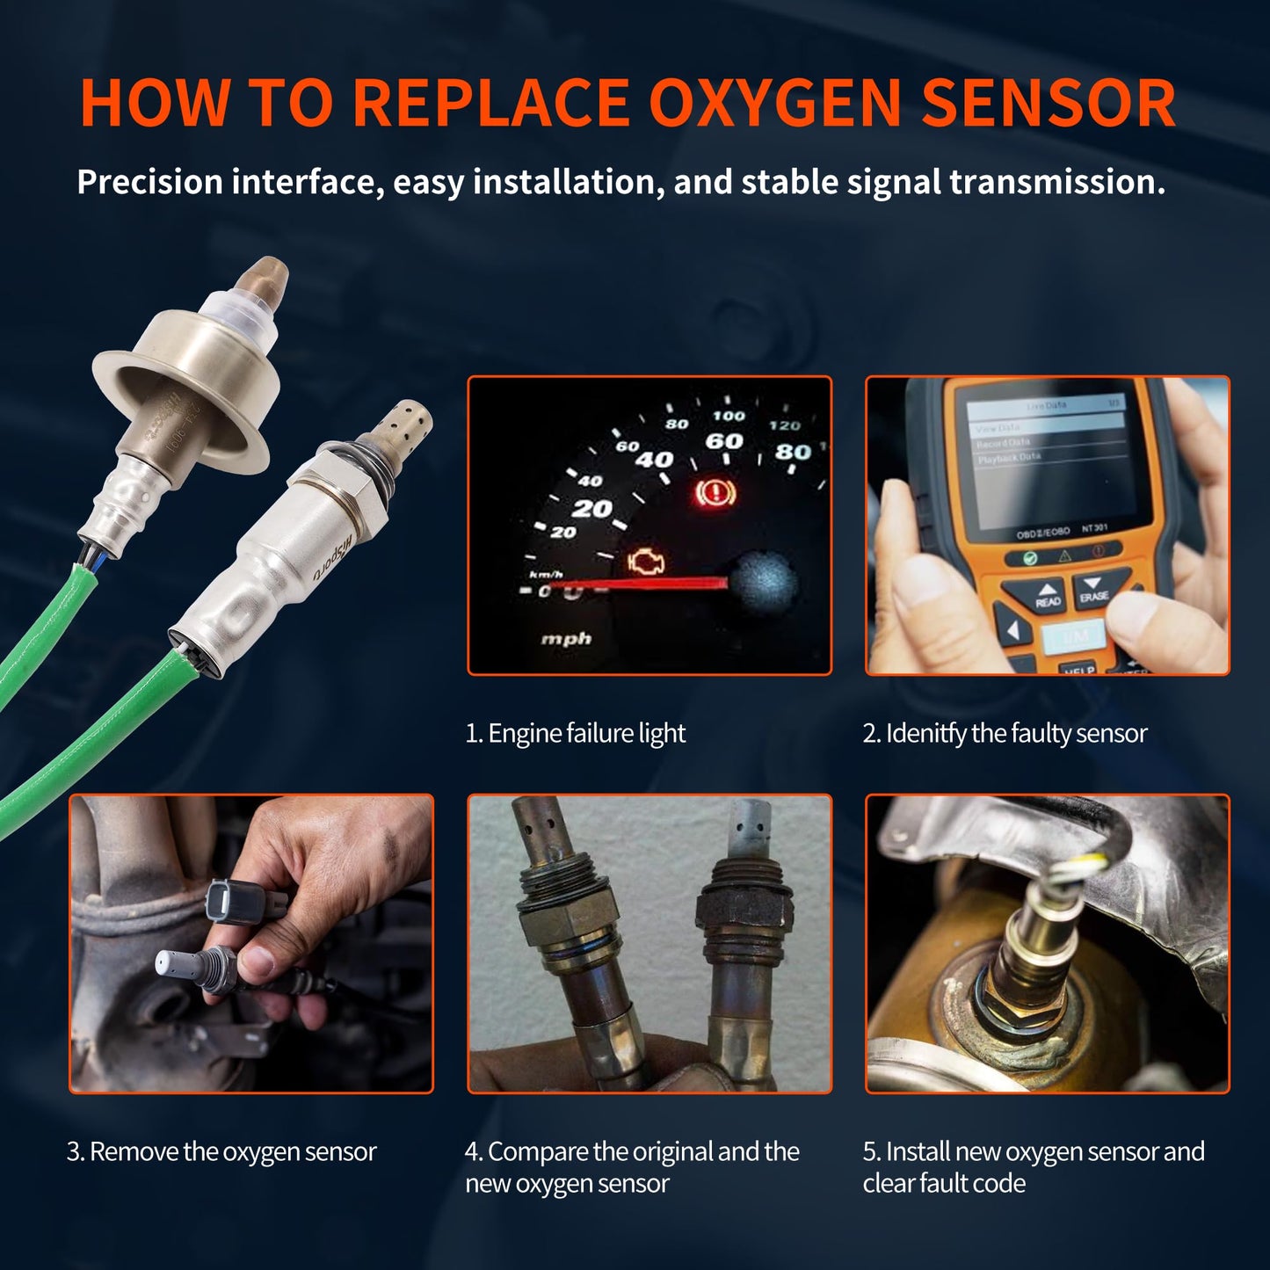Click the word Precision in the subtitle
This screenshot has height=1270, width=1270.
[149, 182]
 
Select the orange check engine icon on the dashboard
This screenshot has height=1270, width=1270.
[646, 562]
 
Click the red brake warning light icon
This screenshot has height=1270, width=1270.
[716, 492]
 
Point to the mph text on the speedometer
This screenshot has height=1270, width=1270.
[566, 639]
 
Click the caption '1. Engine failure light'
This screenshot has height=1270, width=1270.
[575, 733]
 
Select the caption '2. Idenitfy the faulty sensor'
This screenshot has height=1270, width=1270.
[1005, 733]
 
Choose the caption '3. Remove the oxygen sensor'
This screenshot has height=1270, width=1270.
[221, 1151]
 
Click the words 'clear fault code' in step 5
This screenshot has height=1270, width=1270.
[944, 1183]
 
